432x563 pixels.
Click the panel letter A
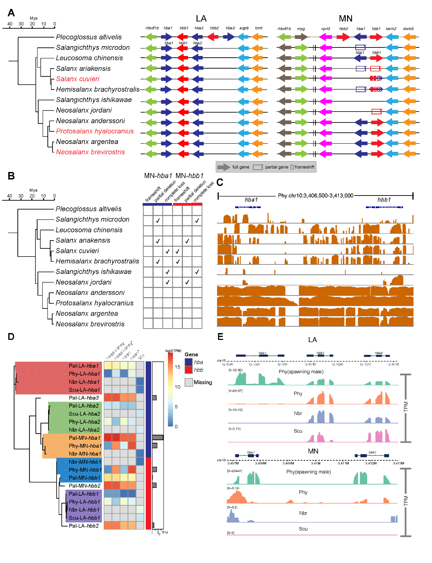11,13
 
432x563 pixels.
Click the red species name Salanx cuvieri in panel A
77,79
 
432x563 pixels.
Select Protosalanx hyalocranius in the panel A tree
95,131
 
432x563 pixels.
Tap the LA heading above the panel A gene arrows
201,18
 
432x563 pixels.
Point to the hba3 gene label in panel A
230,28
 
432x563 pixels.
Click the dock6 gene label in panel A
408,29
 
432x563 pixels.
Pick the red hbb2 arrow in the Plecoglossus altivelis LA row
213,37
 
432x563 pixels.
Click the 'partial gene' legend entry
276,167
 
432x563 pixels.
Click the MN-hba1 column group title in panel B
158,176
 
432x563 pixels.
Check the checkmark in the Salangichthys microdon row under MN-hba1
158,221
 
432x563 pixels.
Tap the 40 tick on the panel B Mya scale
10,196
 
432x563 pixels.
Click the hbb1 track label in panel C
384,200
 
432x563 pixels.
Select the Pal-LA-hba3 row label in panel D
84,398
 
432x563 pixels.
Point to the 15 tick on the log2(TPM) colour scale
177,367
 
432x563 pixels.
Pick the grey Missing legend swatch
189,382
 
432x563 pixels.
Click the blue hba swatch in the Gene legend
189,362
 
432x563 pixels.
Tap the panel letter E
220,337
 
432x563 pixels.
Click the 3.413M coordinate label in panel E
398,463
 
